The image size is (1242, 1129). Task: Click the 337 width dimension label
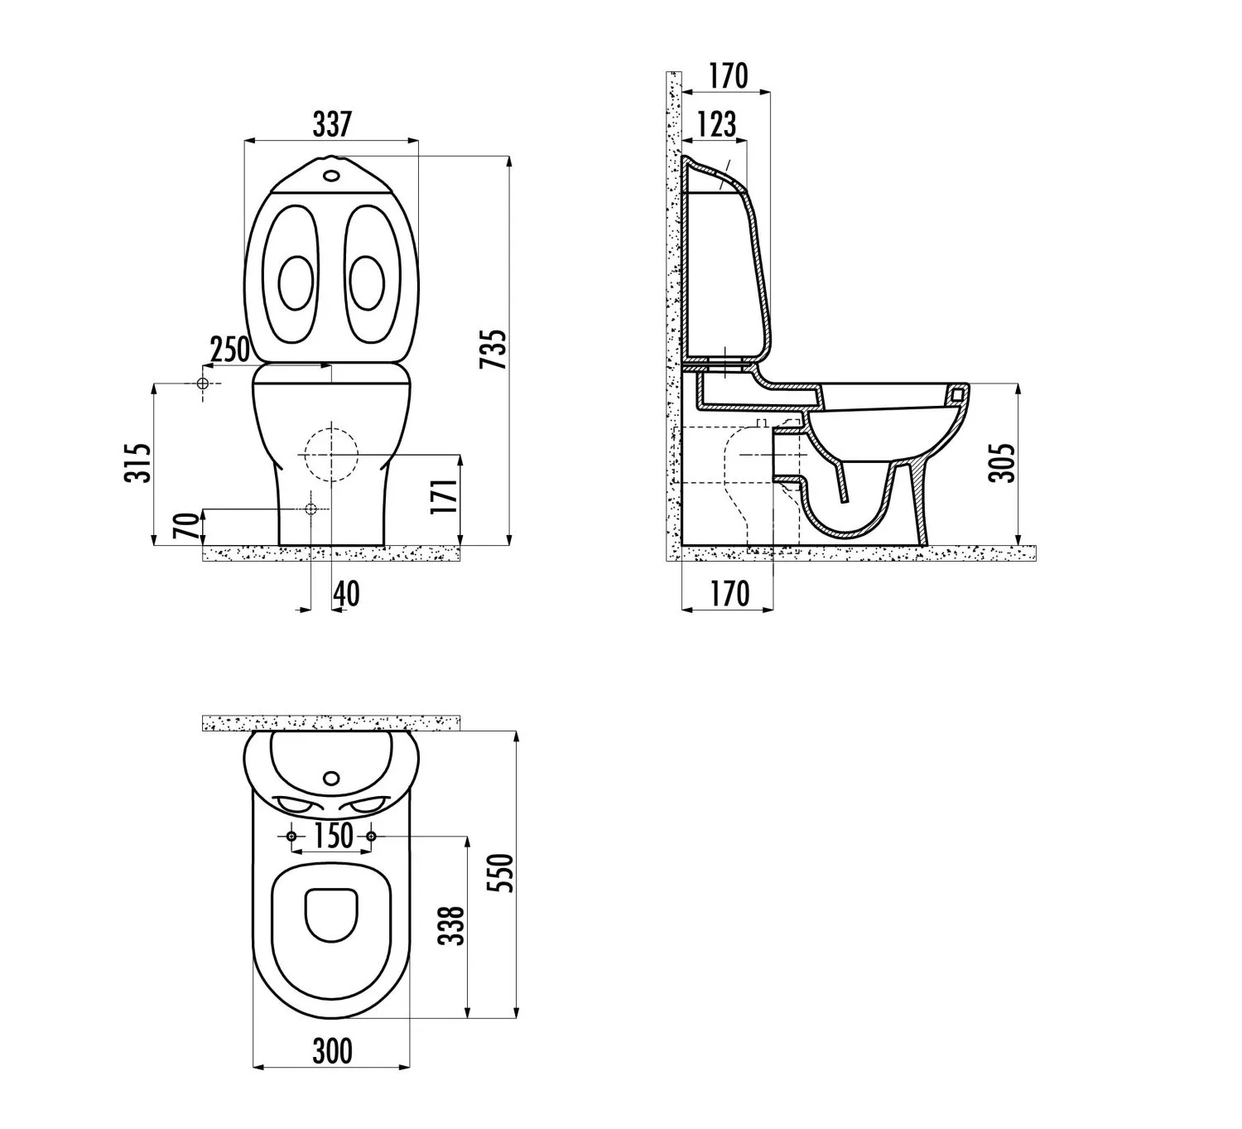coord(332,124)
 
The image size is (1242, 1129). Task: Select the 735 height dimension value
coord(494,350)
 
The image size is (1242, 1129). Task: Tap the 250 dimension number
coord(229,350)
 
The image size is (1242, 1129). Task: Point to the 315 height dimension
coord(137,463)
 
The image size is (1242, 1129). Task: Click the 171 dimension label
coord(445,495)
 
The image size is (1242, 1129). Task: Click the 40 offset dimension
coord(346,594)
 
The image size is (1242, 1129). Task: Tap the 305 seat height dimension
coord(1002,463)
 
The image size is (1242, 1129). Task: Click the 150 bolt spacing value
coord(333,836)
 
